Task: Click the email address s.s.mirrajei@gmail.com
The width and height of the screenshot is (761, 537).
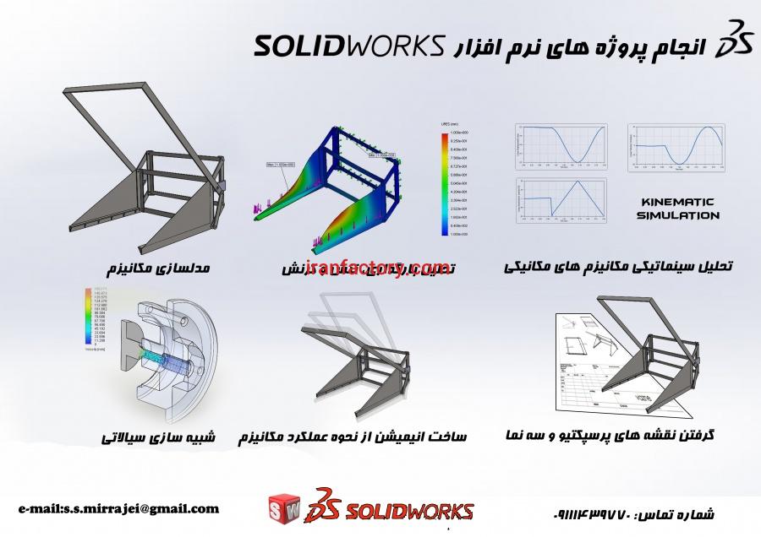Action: (118, 508)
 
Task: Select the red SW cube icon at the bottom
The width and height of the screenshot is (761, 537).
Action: (283, 511)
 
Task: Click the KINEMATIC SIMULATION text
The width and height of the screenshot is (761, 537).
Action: (674, 209)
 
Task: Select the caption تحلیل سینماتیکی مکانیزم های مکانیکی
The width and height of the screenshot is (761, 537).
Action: (618, 266)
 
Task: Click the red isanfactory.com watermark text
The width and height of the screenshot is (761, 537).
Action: (373, 268)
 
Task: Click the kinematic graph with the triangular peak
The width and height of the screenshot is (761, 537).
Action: (563, 202)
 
